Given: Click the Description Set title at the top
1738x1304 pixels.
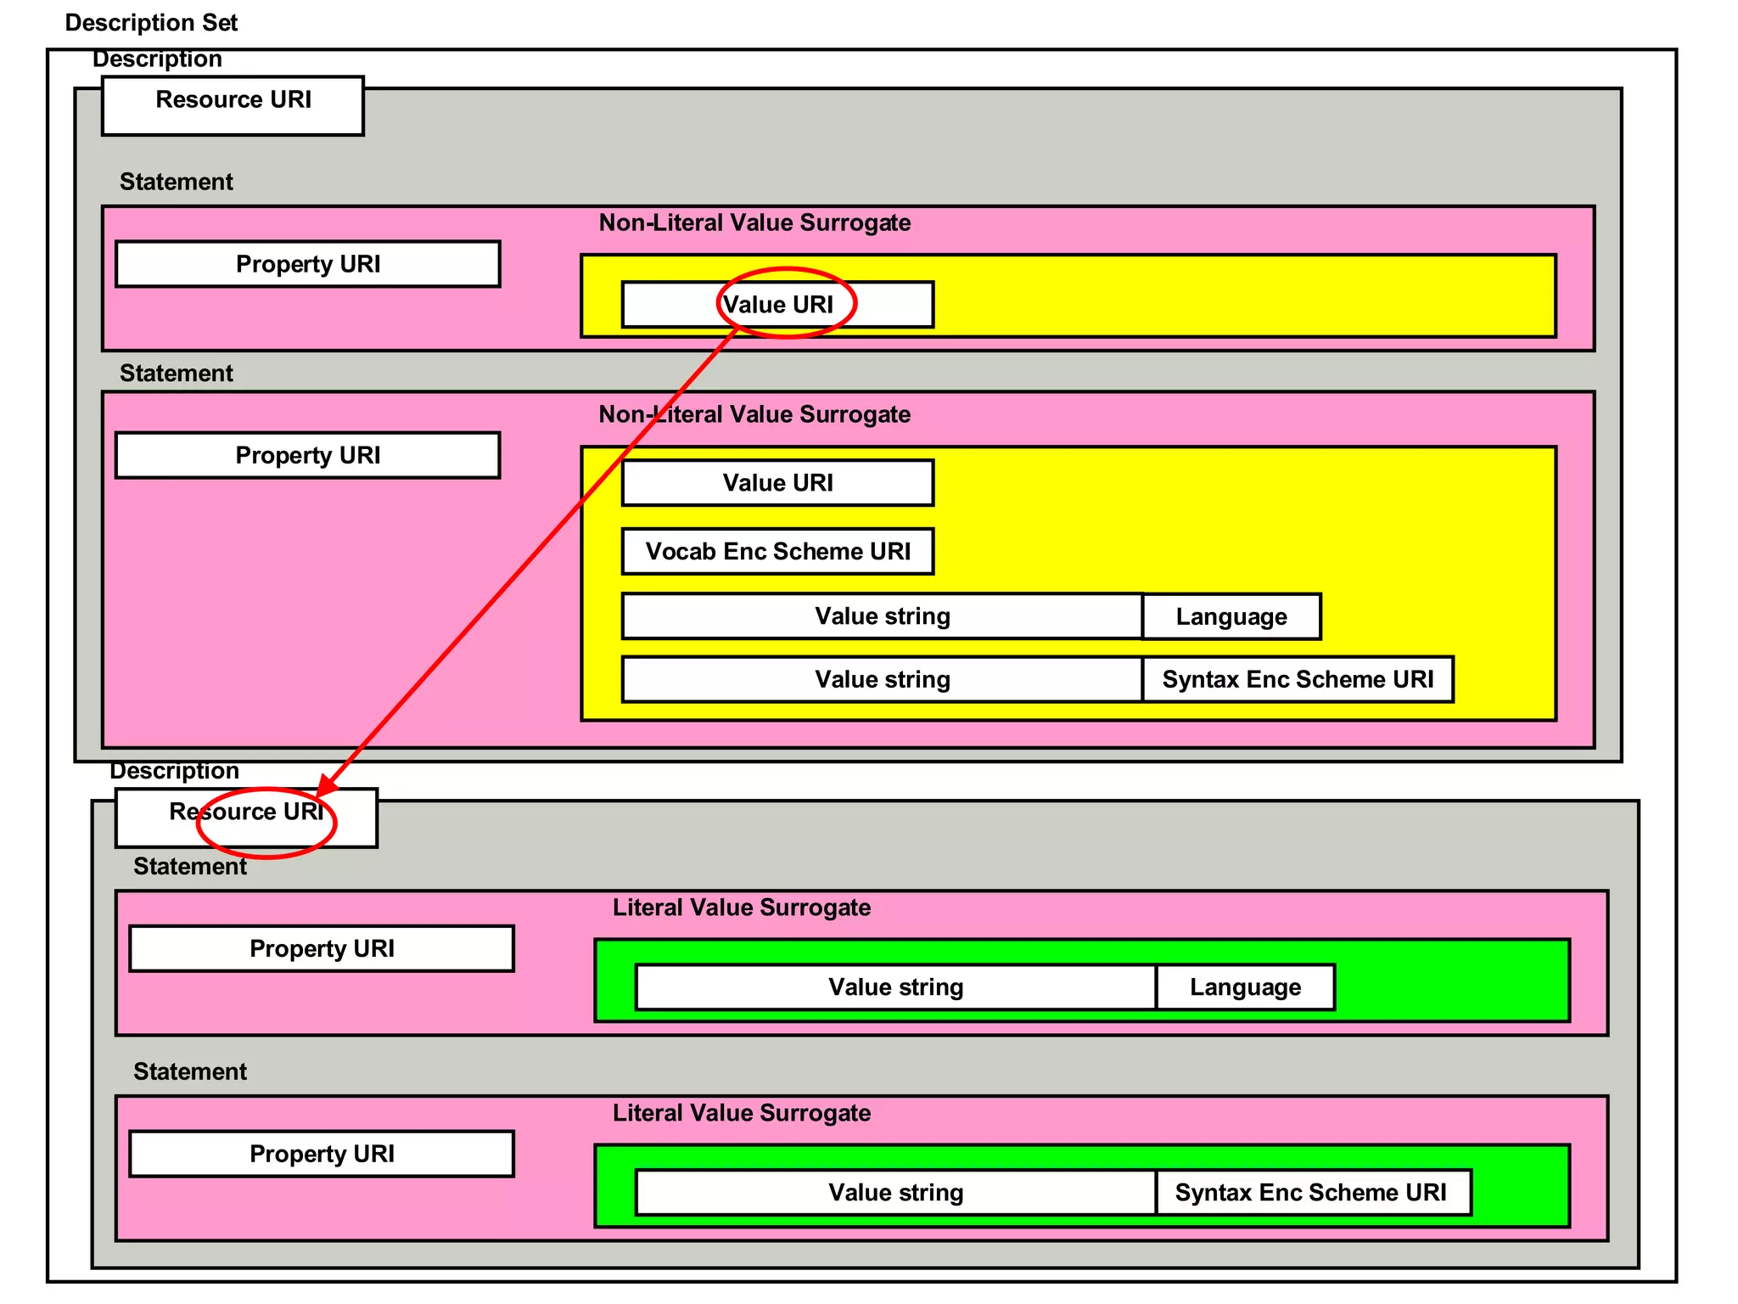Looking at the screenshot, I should coord(151,23).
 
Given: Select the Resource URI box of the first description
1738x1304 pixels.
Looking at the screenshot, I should coord(233,105).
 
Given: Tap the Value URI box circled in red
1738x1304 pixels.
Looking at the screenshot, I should coord(777,305).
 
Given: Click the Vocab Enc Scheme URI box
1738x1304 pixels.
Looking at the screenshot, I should coord(777,552).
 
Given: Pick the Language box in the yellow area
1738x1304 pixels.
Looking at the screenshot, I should coord(1231,616).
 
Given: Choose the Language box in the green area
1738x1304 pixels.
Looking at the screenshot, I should coord(1244,987).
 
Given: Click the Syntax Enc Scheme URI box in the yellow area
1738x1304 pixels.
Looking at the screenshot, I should coord(1297,679).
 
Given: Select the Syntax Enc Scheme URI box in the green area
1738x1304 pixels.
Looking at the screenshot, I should coord(1311,1193).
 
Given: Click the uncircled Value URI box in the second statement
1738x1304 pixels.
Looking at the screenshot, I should coord(777,483).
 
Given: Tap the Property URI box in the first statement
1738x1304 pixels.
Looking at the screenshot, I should coord(307,264).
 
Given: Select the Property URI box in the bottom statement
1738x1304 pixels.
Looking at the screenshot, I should coord(322,1154).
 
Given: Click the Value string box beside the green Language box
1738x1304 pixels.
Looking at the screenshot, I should coord(895,987).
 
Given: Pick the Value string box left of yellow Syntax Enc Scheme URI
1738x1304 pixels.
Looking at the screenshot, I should coord(882,679).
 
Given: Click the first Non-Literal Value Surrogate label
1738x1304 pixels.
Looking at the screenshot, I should coord(754,222).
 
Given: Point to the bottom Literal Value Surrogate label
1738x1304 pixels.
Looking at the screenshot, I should coord(741,1113).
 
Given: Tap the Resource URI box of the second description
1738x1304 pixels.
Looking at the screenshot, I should coord(246,818).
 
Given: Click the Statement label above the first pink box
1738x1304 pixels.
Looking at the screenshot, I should coord(176,182).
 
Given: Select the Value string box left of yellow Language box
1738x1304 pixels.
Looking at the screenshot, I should coord(882,616).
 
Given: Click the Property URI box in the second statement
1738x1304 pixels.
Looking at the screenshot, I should coord(307,456).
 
